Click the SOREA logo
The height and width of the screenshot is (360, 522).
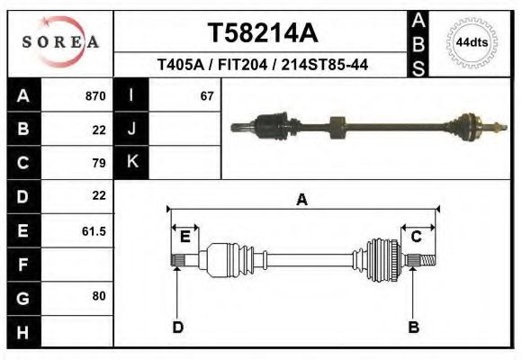pos(60,42)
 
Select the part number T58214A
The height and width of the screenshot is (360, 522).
pos(263,33)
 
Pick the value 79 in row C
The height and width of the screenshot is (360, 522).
pos(99,163)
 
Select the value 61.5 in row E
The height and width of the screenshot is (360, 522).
pos(94,230)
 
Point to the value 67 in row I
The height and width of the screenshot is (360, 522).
pos(207,96)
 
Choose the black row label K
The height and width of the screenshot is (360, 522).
pos(131,163)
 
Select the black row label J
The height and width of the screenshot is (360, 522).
pos(131,130)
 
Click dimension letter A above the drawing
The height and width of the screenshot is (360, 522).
pos(301,200)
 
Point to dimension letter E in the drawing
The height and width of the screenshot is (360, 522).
pos(184,237)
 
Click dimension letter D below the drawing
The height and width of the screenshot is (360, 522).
pos(177,327)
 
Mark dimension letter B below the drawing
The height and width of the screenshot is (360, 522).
pos(414,327)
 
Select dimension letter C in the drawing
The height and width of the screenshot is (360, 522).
pos(417,237)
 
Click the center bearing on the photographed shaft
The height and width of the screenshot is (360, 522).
pos(337,128)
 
